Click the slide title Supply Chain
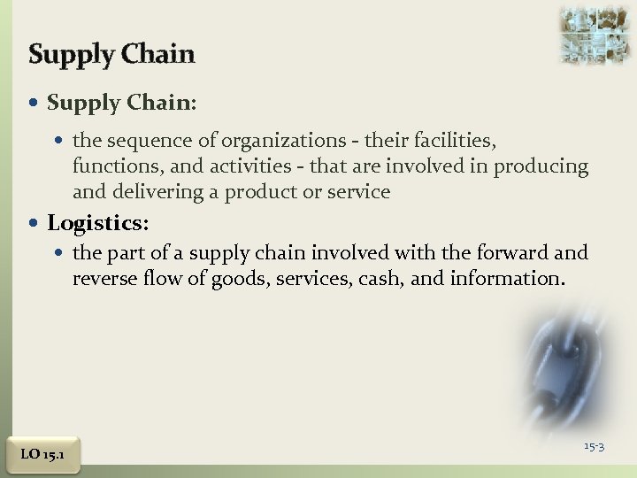(x=111, y=54)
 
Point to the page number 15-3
(x=594, y=445)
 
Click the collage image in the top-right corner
(x=595, y=35)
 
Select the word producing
(x=543, y=166)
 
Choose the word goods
(x=241, y=280)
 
